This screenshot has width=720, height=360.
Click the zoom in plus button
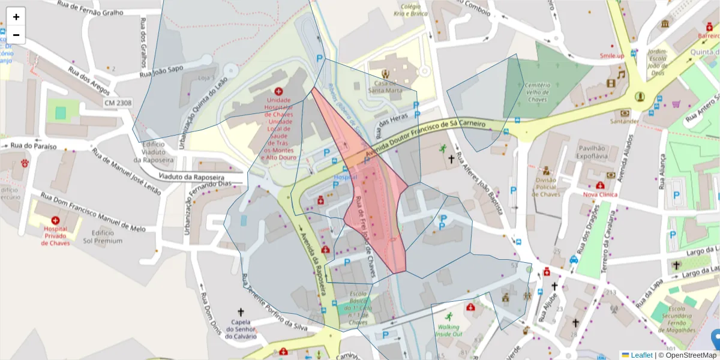(16, 16)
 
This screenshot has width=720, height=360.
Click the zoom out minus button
(16, 35)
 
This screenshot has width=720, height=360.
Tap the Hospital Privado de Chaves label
(55, 235)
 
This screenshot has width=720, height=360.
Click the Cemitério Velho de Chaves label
(537, 92)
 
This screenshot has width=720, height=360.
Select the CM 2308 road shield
(118, 103)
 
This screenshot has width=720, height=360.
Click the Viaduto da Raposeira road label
(192, 178)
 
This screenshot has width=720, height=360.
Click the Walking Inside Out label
(449, 331)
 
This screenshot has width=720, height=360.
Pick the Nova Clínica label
(600, 195)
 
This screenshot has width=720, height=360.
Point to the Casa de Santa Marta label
(385, 87)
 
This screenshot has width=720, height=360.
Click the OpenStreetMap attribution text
(689, 355)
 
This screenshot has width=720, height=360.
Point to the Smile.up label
(611, 56)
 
